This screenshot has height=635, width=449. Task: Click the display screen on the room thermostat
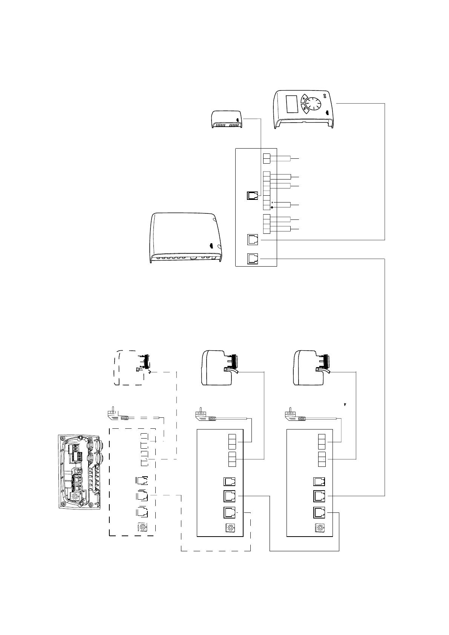(292, 104)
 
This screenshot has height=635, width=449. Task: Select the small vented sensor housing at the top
(226, 120)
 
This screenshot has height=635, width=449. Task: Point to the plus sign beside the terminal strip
(272, 207)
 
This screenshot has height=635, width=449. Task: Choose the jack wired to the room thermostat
(253, 239)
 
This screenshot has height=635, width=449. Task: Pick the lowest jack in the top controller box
(253, 258)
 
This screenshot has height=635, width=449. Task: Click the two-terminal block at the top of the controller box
(266, 159)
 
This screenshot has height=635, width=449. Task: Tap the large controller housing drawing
(187, 238)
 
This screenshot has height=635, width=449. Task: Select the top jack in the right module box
(319, 482)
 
